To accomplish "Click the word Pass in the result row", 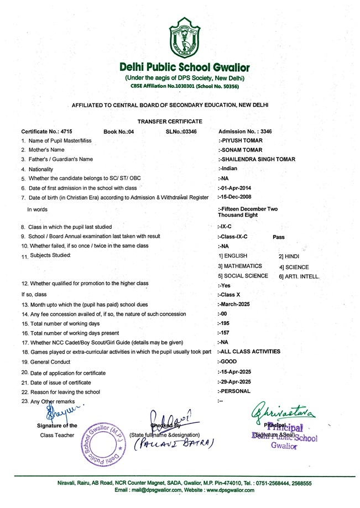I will pos(279,236).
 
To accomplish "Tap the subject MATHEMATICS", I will pos(240,266).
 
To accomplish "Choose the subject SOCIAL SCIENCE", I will pos(243,275).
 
